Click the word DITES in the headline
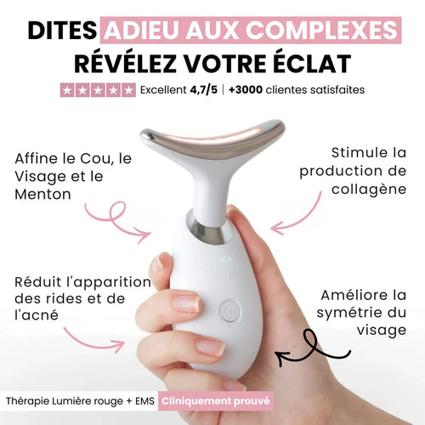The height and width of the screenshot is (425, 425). coord(61,31)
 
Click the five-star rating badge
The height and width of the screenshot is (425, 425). coord(98,89)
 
